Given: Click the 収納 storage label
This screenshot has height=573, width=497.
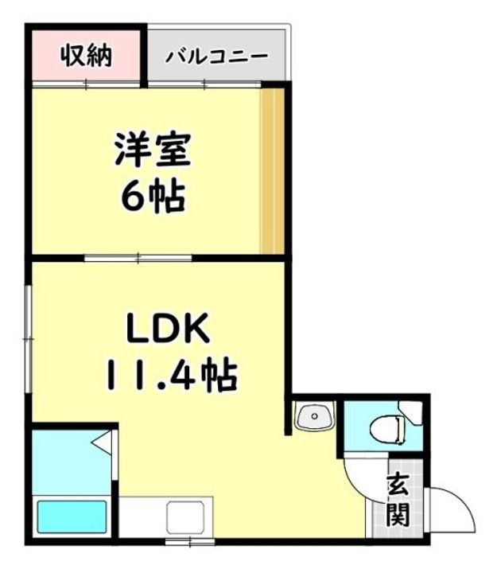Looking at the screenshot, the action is point(86,56).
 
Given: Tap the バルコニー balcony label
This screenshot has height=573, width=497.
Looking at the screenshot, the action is point(217,57).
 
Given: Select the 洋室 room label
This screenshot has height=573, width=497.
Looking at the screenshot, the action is point(153,150).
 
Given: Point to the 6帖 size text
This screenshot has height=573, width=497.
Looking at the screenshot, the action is point(153,197).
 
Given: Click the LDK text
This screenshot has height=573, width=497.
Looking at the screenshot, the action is point(168,327).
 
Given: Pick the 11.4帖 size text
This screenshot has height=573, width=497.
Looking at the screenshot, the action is point(172,374).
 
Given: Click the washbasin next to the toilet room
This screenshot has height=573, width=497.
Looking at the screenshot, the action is point(315,415).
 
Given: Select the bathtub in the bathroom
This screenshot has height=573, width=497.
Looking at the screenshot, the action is point(72,516).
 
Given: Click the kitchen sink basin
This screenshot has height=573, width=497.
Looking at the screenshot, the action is point(184,516).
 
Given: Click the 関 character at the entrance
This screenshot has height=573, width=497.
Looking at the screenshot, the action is point(398,514).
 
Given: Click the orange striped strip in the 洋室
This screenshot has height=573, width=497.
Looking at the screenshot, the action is point(273,170).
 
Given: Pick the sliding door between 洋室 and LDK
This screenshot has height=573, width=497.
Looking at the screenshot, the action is point(138,258).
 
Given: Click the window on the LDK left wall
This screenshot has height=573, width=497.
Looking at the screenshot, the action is point(28,339).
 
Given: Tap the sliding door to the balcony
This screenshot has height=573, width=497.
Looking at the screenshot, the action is point(204,85).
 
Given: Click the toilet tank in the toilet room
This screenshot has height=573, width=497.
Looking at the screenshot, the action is point(410,412).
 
